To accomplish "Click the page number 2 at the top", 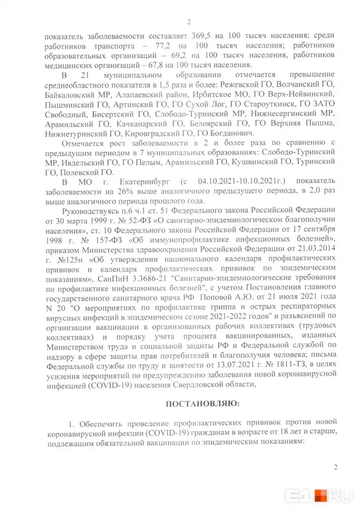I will [x=188, y=21].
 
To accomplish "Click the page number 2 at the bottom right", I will [x=335, y=468].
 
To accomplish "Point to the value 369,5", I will [x=204, y=36].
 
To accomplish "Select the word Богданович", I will [x=233, y=133].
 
